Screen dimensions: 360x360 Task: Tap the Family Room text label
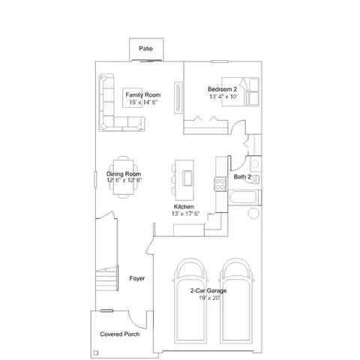[142, 95]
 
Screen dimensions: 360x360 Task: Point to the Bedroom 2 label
[223, 89]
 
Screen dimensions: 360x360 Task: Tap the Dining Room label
[124, 173]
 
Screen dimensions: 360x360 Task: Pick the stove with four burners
[220, 182]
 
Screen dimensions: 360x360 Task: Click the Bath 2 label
[242, 177]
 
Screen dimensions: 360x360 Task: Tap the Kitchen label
[184, 206]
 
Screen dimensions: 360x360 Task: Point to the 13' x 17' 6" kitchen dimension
[184, 214]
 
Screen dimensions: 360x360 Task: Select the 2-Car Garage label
[208, 290]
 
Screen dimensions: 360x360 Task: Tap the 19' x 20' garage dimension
[209, 298]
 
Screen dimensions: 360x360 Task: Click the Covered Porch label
[121, 334]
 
